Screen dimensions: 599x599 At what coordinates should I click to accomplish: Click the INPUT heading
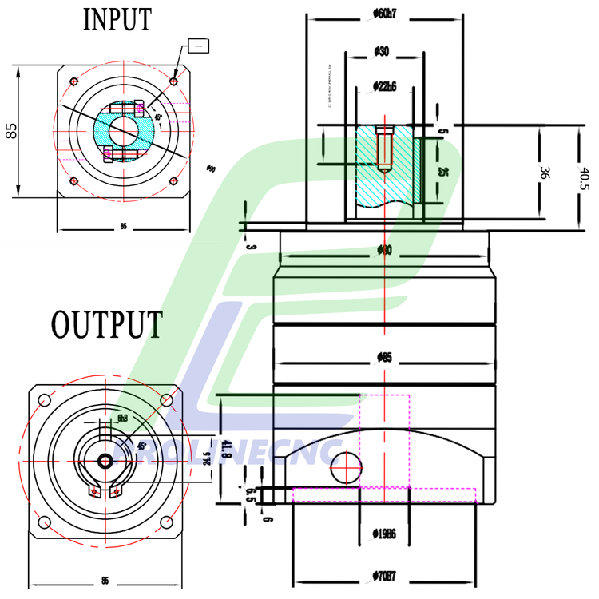point(117,20)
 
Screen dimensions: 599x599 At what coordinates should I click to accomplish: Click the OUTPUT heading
point(107,325)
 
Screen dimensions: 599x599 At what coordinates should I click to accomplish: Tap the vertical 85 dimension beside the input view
point(12,131)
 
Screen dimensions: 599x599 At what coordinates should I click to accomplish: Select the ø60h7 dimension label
point(386,13)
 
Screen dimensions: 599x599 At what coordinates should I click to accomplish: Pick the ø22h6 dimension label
point(386,86)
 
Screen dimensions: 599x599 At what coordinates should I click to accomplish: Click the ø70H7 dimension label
point(386,574)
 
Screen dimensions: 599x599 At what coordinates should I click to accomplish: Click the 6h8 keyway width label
point(122,419)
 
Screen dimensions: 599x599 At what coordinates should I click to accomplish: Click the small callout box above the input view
point(199,46)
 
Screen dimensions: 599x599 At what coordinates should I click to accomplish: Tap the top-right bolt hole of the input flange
point(174,81)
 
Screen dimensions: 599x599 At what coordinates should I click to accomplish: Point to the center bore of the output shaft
point(105,461)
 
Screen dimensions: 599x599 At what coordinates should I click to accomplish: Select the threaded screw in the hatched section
point(386,149)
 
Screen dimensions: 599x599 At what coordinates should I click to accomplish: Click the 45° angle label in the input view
point(159,117)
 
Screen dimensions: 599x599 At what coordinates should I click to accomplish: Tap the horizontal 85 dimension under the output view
point(105,581)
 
